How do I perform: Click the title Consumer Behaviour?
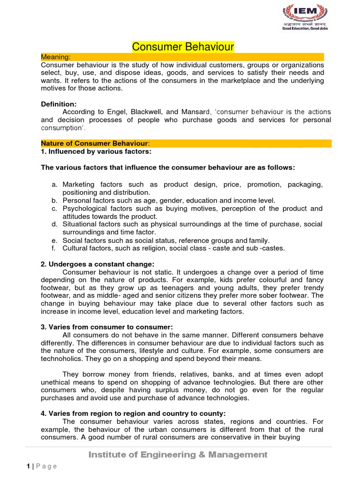tap(183, 46)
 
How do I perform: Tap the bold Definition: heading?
tap(59, 104)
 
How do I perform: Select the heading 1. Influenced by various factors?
tap(96, 151)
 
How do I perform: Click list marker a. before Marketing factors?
tap(54, 185)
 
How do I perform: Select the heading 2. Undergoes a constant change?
tap(97, 264)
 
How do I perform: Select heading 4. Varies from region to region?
tap(133, 413)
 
